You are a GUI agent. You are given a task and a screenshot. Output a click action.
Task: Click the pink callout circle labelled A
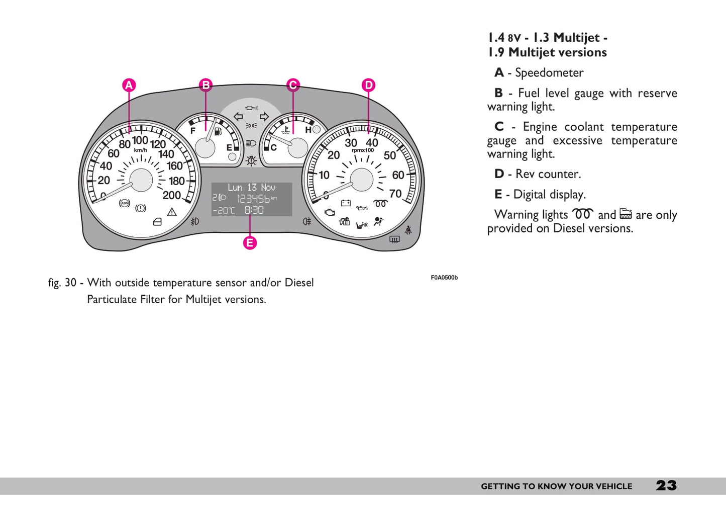(129, 85)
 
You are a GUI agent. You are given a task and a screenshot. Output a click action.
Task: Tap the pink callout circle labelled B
(205, 85)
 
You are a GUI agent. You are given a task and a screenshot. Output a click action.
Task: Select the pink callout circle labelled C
(293, 85)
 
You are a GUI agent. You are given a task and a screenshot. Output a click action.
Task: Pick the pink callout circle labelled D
(368, 85)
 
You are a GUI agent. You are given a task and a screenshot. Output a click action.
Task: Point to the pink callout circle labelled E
(250, 243)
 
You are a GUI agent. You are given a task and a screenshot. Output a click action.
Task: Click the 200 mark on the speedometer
(171, 195)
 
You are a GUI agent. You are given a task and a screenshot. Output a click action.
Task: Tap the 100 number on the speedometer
(140, 140)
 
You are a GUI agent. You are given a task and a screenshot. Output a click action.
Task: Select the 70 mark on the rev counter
(395, 194)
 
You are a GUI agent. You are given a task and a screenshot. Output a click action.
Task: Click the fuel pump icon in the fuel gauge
(218, 132)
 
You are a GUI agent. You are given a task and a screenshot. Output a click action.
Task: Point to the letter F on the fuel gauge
(193, 131)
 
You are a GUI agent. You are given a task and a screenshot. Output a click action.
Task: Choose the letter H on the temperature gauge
(308, 130)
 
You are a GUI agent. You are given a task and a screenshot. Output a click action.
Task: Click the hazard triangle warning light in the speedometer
(172, 212)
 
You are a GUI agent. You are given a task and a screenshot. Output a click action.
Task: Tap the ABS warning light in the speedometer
(124, 203)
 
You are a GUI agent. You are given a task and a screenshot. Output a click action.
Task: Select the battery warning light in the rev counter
(346, 203)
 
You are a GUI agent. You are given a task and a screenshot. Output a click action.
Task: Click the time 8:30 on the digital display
(254, 210)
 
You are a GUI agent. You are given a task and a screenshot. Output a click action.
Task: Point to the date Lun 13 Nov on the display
(251, 188)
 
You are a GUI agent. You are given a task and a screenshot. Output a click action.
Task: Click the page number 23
(666, 485)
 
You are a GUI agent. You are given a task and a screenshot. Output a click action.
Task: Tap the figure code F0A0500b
(444, 278)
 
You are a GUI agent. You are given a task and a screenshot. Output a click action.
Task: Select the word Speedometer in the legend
(549, 73)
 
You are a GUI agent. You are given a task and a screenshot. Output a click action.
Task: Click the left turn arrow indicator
(238, 117)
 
